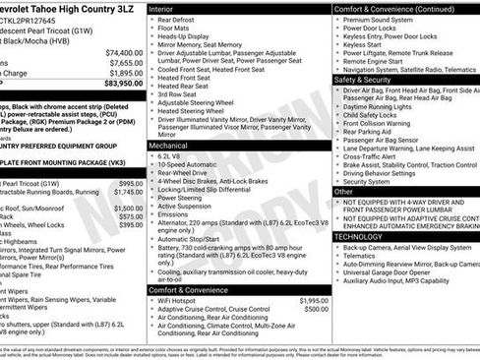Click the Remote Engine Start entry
click(x=375, y=60)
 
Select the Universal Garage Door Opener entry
click(x=391, y=274)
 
